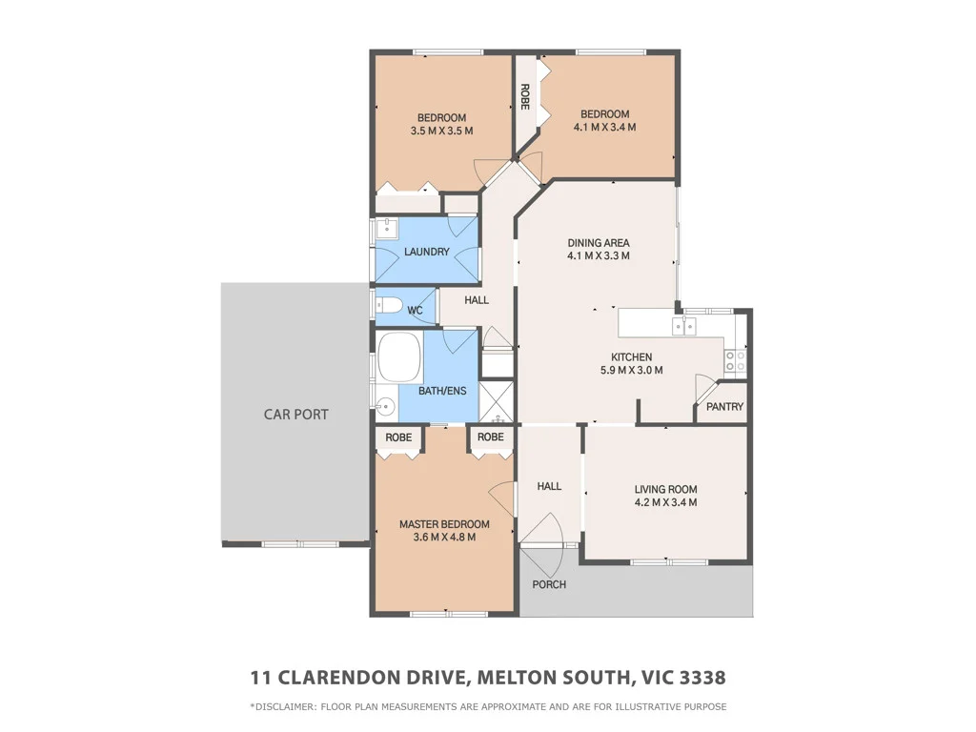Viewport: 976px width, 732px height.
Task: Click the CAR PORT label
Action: pyautogui.click(x=295, y=415)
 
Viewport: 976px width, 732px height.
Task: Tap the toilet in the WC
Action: pyautogui.click(x=387, y=307)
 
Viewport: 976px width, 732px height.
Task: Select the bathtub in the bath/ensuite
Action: pyautogui.click(x=401, y=358)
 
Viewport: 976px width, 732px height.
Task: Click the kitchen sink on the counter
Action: pyautogui.click(x=684, y=326)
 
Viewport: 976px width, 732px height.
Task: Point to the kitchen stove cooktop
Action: pyautogui.click(x=736, y=360)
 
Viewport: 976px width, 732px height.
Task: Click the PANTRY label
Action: pyautogui.click(x=724, y=407)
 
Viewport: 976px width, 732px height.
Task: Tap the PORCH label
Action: pyautogui.click(x=549, y=584)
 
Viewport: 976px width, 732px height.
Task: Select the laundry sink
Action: pyautogui.click(x=386, y=228)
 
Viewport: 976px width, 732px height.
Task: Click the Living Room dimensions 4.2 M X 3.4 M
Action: pyautogui.click(x=666, y=502)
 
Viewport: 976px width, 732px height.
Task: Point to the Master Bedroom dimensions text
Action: pyautogui.click(x=444, y=538)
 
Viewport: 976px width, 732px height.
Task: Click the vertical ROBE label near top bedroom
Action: pyautogui.click(x=524, y=97)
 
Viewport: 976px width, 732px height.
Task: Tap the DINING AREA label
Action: pyautogui.click(x=599, y=243)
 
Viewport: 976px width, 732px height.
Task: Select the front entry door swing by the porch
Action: pyautogui.click(x=541, y=531)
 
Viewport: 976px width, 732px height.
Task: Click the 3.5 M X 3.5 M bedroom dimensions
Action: pyautogui.click(x=441, y=132)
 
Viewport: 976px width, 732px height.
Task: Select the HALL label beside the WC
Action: pyautogui.click(x=477, y=300)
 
